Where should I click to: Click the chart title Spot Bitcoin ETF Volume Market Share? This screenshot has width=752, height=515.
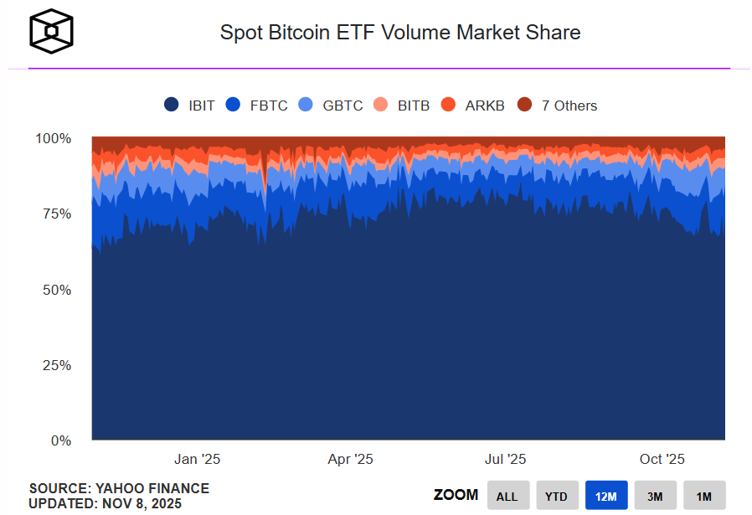point(399,33)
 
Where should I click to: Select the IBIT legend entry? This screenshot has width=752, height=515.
point(190,106)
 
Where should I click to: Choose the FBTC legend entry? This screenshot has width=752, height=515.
point(257,106)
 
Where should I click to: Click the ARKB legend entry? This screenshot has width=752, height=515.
point(473,106)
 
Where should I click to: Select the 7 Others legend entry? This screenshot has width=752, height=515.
point(558,106)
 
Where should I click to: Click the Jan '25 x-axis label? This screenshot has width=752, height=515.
point(197,459)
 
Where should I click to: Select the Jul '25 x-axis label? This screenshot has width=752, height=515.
point(505,459)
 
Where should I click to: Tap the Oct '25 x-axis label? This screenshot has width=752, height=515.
point(662,459)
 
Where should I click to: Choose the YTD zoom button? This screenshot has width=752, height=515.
point(557,496)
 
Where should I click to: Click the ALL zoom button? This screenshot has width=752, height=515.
point(507,496)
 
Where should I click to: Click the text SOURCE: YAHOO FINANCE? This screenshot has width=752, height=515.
point(119,488)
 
